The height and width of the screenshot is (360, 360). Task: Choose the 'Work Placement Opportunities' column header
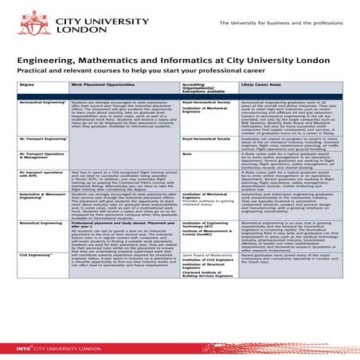[x=100, y=82]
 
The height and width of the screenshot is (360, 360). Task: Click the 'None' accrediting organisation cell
[x=186, y=153]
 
